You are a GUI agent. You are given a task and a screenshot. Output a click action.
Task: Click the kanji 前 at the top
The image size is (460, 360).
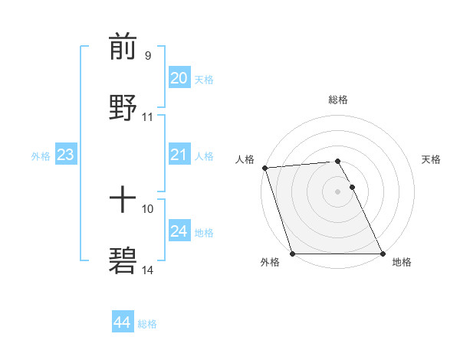123,47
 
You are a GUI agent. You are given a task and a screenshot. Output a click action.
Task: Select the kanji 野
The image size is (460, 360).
123,106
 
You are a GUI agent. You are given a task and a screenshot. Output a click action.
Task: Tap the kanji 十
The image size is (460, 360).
123,201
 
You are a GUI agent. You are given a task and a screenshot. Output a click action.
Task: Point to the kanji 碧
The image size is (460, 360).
123,260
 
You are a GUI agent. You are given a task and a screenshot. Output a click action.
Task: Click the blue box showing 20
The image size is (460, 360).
179,77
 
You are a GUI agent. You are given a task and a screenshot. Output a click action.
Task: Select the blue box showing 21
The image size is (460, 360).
179,155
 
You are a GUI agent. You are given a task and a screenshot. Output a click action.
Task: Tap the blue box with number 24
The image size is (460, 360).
179,231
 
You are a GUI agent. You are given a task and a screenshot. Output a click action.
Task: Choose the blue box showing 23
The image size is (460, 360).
65,155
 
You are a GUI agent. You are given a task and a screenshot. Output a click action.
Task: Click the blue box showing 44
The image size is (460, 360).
122,322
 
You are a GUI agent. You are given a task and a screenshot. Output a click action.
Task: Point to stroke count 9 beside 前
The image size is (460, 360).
148,55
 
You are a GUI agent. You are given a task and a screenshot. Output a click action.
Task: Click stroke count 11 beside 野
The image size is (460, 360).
148,117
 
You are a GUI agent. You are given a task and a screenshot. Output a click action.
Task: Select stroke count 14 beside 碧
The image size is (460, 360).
148,270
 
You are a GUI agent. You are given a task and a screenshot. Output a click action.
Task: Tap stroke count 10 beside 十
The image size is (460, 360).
148,208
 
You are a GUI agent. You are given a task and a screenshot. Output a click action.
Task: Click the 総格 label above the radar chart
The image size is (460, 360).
338,100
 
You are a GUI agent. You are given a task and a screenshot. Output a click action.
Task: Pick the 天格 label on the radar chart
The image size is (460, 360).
432,159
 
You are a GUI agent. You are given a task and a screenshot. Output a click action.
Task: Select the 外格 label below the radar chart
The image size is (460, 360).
270,263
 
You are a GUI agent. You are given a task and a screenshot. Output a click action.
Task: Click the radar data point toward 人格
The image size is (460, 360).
265,168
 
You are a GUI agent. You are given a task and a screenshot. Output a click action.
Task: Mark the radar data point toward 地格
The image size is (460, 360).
383,254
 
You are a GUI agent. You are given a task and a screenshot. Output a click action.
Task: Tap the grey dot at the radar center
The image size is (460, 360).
338,191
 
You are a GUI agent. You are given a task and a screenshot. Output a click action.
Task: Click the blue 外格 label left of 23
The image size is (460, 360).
41,155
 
